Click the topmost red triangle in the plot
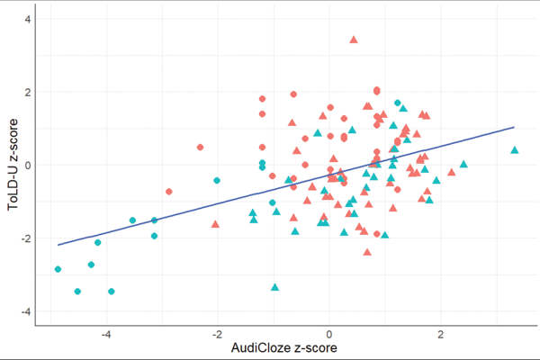(354, 40)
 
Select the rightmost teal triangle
(515, 150)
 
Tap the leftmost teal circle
(58, 269)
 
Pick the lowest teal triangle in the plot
(275, 287)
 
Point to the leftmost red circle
(169, 192)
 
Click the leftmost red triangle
(215, 223)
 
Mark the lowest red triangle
(367, 251)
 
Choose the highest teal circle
(397, 103)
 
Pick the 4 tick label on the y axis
(29, 19)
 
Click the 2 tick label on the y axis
(29, 92)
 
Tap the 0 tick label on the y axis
(29, 166)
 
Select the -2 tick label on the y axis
(27, 238)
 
